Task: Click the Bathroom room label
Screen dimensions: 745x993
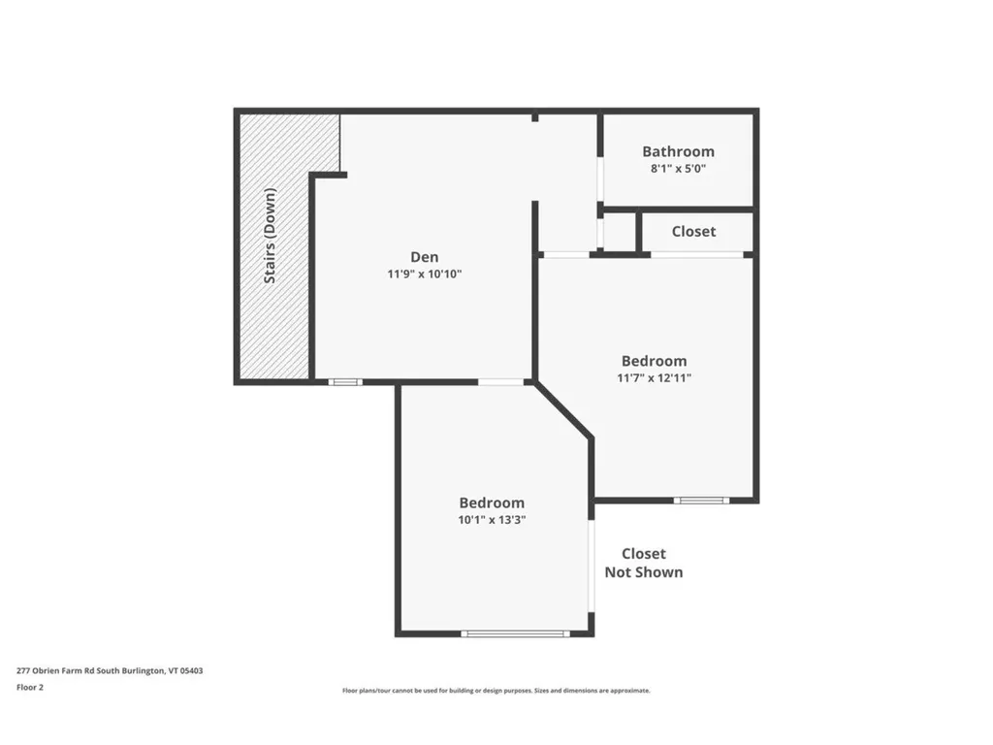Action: [x=678, y=151]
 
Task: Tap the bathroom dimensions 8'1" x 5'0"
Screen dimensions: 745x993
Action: [x=678, y=168]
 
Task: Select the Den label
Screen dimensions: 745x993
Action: [x=424, y=257]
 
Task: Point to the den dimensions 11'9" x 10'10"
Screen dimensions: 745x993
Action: [x=424, y=275]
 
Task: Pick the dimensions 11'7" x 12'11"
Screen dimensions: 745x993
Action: [x=655, y=377]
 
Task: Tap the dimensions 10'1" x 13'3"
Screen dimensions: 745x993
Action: [x=492, y=519]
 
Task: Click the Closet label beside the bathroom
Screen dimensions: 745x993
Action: [x=693, y=231]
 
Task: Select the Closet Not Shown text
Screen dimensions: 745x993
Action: [x=644, y=563]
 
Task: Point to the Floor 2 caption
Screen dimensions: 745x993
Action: [x=30, y=687]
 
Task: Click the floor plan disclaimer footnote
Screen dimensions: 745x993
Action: [x=496, y=691]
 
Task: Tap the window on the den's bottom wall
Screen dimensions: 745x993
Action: [x=344, y=382]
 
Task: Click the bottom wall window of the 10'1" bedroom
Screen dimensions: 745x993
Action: [x=515, y=634]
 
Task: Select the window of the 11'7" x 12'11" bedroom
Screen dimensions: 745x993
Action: [x=701, y=501]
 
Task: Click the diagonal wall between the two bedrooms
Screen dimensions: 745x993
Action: [x=563, y=410]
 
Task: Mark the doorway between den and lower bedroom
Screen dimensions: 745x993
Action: [x=501, y=382]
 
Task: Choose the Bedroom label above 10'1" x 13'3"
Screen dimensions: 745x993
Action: [x=492, y=502]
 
